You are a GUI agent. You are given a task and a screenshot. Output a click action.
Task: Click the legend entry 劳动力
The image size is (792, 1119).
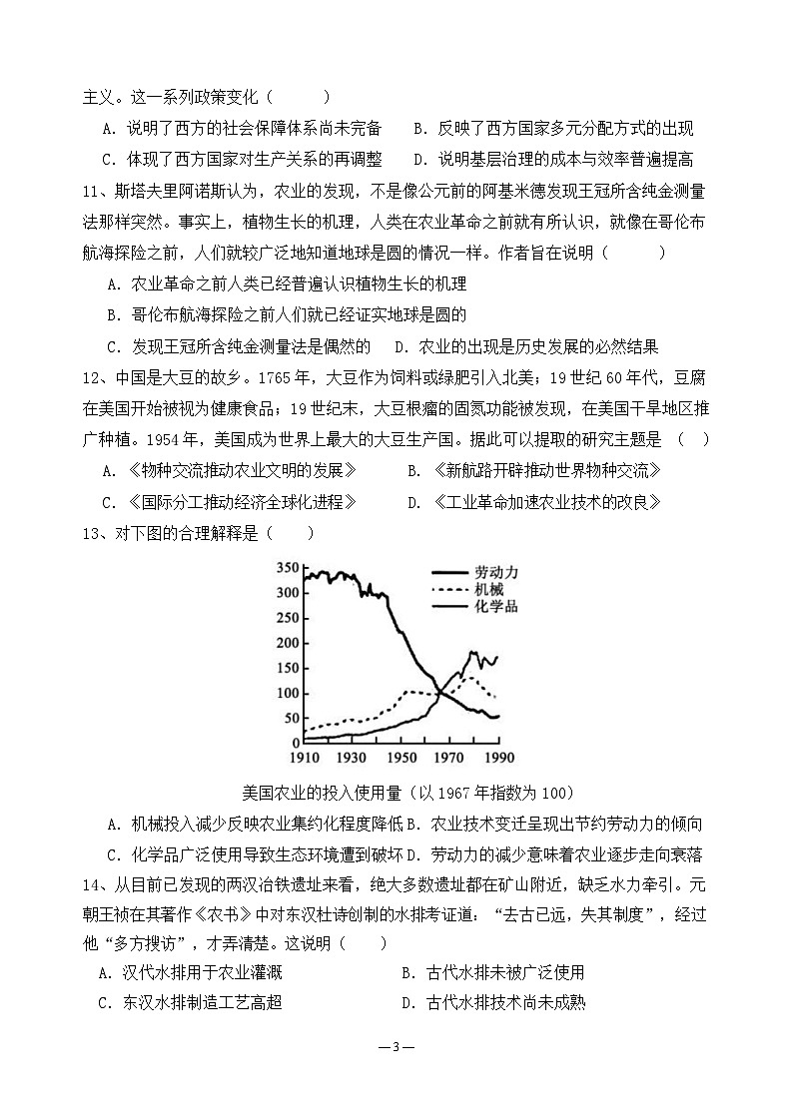[x=496, y=573]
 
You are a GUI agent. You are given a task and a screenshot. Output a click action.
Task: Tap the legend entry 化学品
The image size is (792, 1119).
[x=496, y=606]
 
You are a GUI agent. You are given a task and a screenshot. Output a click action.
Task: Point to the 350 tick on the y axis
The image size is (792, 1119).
[x=287, y=568]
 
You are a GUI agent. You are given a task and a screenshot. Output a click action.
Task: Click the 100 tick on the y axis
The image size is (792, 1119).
[x=287, y=693]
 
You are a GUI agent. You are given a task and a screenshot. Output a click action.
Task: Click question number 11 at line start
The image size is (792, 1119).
[x=94, y=191]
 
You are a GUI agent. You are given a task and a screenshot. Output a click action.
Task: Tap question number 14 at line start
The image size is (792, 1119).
[x=94, y=883]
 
